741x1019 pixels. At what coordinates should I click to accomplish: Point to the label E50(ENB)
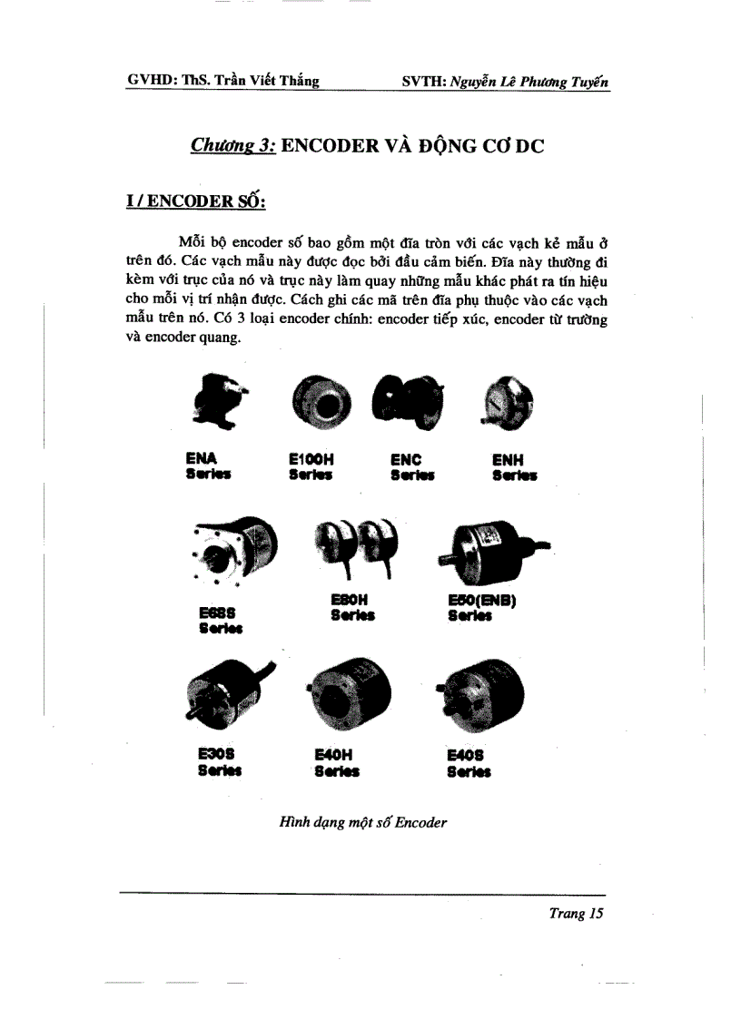pyautogui.click(x=482, y=600)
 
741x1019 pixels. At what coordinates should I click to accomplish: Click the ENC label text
pyautogui.click(x=407, y=460)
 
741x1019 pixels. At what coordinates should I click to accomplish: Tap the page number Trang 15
pyautogui.click(x=576, y=914)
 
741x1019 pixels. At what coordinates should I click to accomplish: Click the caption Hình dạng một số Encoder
pyautogui.click(x=363, y=823)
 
